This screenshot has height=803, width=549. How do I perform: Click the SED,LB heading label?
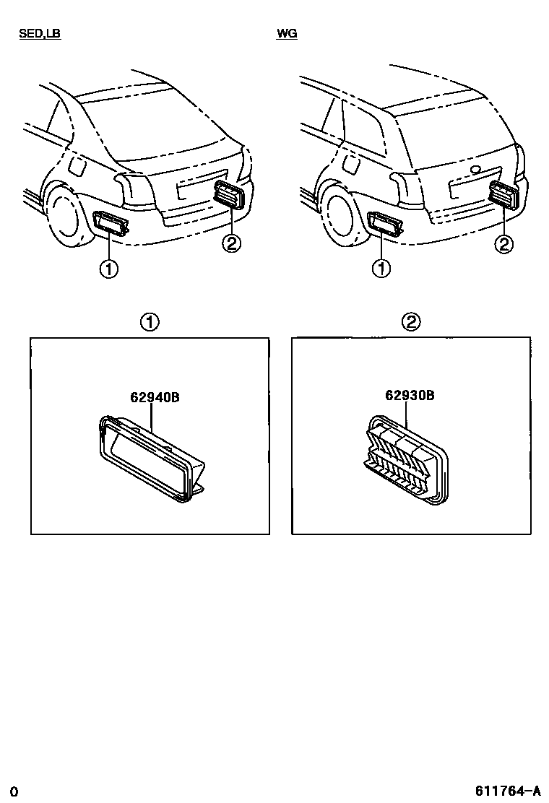point(40,34)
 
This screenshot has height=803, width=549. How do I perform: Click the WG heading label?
point(287,34)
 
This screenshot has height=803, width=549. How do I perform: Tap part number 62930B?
point(410,395)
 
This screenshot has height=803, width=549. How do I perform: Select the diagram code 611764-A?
point(508,791)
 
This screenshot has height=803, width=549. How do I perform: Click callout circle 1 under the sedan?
point(108,269)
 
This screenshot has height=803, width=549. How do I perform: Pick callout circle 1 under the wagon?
point(381,269)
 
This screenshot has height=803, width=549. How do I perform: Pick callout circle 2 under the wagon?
point(503,244)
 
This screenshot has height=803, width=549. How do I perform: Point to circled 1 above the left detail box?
point(150,322)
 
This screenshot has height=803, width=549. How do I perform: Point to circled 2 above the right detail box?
point(411,322)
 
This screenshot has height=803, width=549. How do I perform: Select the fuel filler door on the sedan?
point(78,165)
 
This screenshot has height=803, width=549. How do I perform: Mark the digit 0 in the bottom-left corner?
point(14,792)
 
